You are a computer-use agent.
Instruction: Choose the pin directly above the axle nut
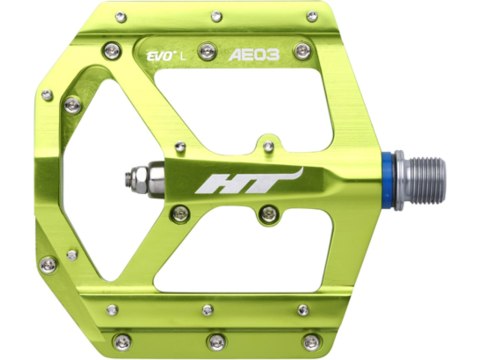coord(180,149)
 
